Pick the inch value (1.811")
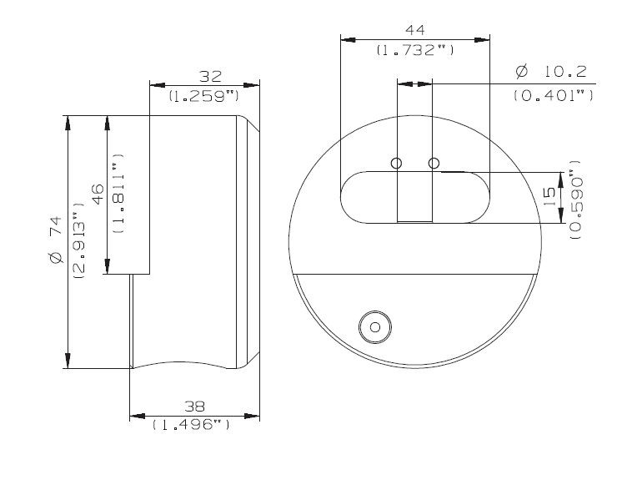point(119,194)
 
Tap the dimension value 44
point(414,30)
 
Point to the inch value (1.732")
point(414,50)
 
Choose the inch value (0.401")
point(553,95)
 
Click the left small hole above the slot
point(397,163)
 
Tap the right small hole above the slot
point(433,163)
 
